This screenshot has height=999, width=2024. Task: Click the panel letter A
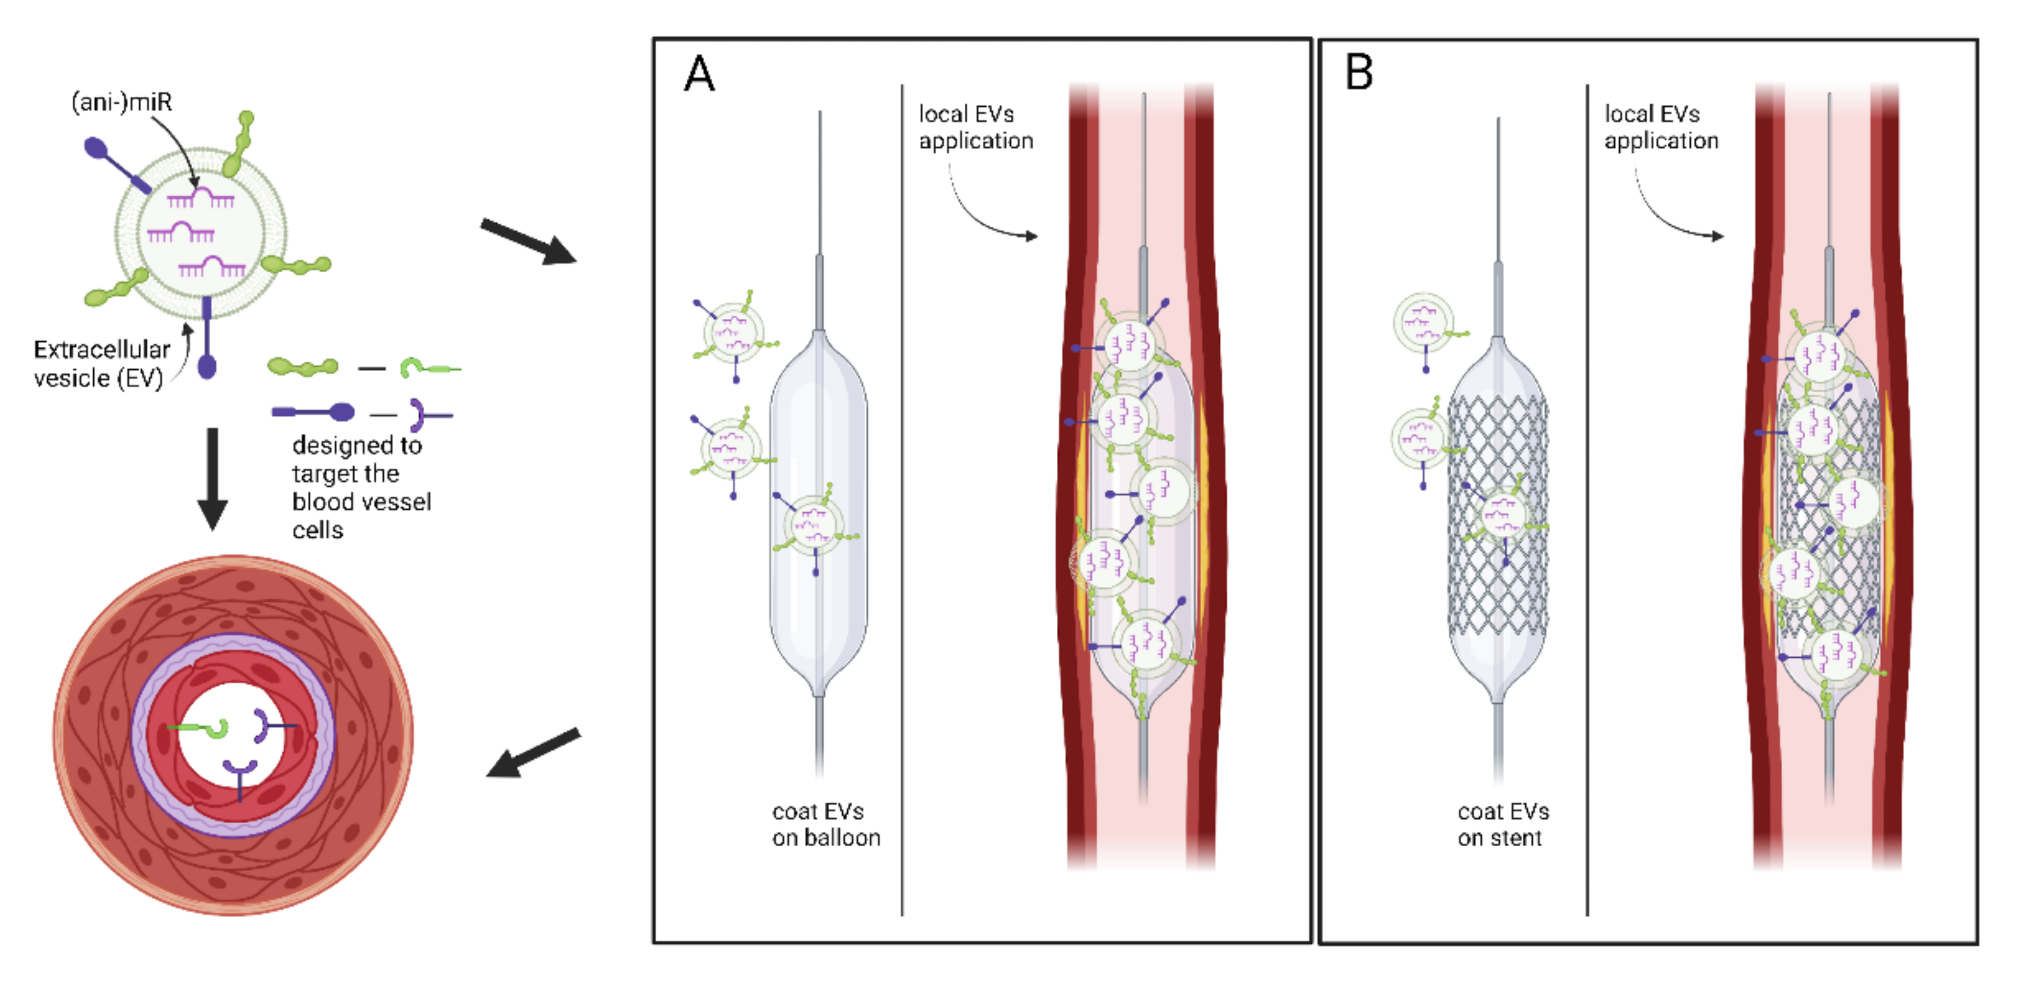(699, 75)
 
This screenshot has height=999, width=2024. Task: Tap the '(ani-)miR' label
(122, 102)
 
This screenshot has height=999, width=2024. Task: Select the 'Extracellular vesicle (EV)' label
(101, 364)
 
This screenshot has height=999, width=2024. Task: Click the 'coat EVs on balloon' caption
(825, 824)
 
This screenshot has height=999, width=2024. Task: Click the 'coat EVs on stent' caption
(1502, 824)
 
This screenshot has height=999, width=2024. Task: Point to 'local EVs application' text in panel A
(975, 127)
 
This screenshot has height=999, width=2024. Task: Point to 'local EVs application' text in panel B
(1660, 127)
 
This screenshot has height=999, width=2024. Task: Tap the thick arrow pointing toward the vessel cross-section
(533, 753)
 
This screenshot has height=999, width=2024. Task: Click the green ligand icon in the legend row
(302, 366)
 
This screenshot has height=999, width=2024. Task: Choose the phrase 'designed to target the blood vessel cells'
(361, 487)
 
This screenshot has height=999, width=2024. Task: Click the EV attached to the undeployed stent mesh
(1502, 515)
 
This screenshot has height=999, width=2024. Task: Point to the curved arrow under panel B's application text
(1674, 212)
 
